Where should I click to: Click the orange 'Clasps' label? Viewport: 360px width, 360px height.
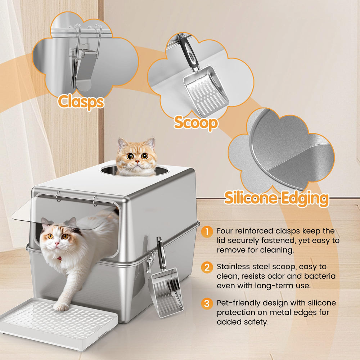(x=81, y=102)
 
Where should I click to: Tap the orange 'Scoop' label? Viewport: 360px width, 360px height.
(x=196, y=123)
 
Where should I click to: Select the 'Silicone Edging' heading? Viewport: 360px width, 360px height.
(x=276, y=198)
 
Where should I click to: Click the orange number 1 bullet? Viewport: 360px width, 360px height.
(x=207, y=231)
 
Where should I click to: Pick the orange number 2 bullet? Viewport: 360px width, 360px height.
(x=207, y=267)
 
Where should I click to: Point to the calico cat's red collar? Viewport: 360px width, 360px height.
(x=59, y=258)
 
